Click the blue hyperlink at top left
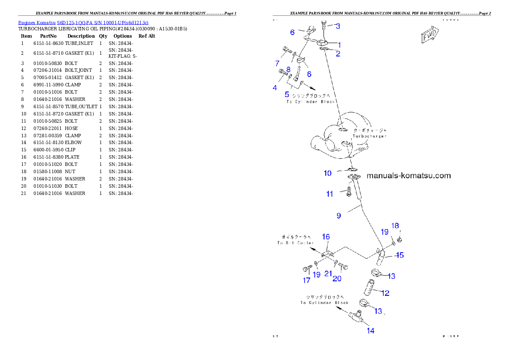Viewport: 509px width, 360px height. click(x=83, y=22)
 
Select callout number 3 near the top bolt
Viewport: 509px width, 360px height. click(x=337, y=27)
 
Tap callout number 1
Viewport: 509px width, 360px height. click(x=339, y=44)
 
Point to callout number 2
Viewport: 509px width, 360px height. click(x=338, y=53)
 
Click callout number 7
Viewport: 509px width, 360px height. click(x=277, y=64)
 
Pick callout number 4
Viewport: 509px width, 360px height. click(x=275, y=88)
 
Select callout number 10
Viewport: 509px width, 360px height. click(x=327, y=173)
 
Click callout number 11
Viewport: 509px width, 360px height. click(x=329, y=194)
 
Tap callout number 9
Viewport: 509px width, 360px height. click(x=339, y=216)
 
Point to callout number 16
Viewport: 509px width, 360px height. click(x=326, y=236)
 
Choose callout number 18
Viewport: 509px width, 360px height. click(x=395, y=226)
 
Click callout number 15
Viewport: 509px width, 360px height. click(x=400, y=255)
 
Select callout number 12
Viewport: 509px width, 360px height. click(x=385, y=293)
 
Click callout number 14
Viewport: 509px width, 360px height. click(x=370, y=330)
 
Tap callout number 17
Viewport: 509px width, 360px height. click(x=307, y=280)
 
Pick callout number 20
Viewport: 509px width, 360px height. click(x=337, y=279)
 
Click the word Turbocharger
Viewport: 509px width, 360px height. click(x=370, y=136)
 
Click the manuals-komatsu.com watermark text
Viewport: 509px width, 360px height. click(x=409, y=175)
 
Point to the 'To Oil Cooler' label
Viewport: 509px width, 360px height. click(x=295, y=243)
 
